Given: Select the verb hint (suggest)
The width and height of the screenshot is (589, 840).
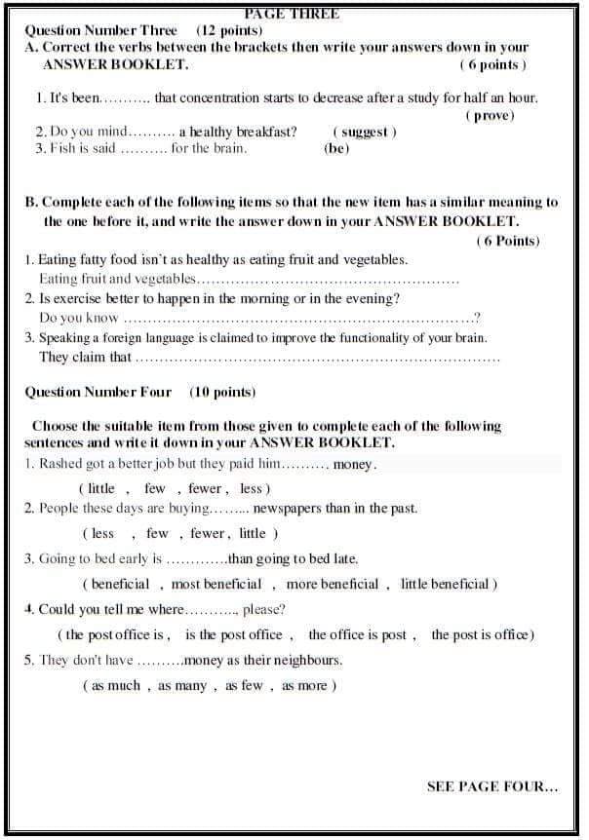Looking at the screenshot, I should coord(365,132).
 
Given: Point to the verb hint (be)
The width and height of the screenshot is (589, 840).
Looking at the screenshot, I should coord(335,149).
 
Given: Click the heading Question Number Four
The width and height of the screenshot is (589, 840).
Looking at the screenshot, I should coord(98,392).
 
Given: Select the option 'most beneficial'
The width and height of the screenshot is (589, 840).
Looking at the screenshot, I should coord(216,584).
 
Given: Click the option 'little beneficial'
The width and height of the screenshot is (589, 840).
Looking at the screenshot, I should coord(450,584).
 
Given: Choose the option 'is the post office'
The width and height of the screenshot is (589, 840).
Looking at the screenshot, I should coord(234,634).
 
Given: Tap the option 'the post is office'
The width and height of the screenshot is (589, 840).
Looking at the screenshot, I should coord(483,634).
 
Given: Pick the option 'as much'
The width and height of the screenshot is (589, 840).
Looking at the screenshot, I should coord(116,685).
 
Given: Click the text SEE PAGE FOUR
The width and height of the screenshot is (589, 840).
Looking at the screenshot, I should coord(492,786).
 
